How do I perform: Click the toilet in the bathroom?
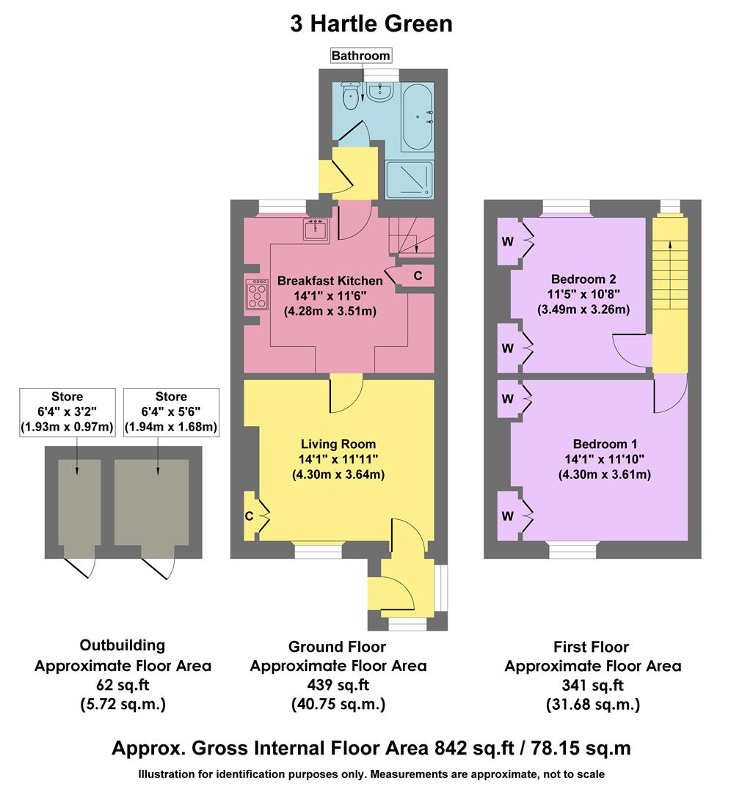pos(351,96)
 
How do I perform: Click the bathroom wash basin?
pos(382,92)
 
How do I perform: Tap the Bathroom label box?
pos(360,56)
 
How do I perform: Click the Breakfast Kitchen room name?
pos(330,280)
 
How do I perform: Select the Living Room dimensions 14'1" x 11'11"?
pos(338,459)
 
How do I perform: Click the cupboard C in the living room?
pos(250,516)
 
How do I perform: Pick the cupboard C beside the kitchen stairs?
pos(418,276)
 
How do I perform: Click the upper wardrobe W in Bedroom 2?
pos(507,241)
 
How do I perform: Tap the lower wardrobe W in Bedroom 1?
pos(507,516)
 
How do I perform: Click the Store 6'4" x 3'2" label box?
pos(68,412)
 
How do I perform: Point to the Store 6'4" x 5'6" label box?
pos(171,412)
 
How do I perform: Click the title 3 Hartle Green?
pos(371,23)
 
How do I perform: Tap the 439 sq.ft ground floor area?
pos(338,685)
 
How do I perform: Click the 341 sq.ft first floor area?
pos(592,686)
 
